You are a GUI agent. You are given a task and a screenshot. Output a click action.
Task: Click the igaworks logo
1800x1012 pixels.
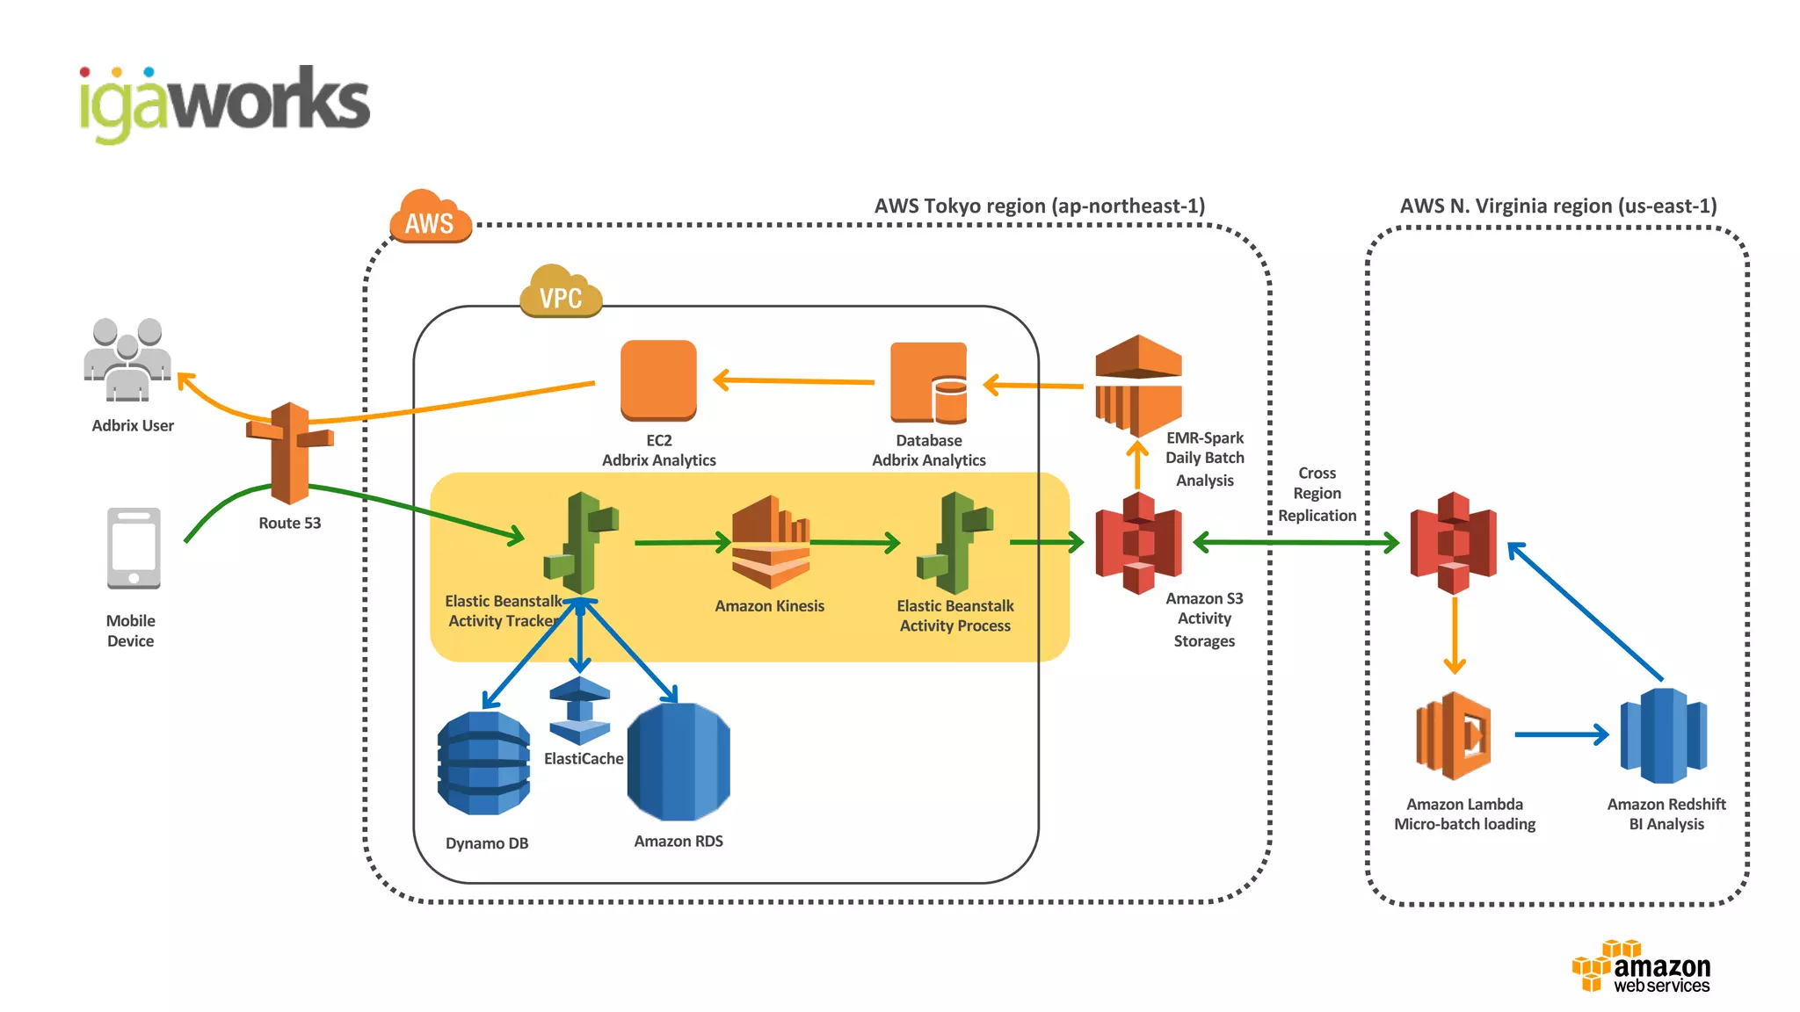pyautogui.click(x=224, y=103)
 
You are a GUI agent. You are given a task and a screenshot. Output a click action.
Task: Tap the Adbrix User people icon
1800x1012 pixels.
pyautogui.click(x=128, y=358)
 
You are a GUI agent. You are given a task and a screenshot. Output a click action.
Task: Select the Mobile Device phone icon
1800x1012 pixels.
pyautogui.click(x=134, y=548)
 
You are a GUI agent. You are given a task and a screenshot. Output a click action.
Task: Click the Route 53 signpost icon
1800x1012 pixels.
pyautogui.click(x=289, y=452)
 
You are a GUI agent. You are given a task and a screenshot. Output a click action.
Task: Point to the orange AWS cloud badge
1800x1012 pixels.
pyautogui.click(x=430, y=217)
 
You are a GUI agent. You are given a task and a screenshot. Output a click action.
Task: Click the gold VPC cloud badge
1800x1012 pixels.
pyautogui.click(x=561, y=292)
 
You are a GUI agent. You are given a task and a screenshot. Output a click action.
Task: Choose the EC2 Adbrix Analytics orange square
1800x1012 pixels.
pyautogui.click(x=658, y=380)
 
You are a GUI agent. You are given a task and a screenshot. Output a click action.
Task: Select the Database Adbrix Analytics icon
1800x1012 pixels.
pyautogui.click(x=928, y=383)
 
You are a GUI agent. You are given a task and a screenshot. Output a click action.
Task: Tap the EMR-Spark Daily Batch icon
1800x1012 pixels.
pyautogui.click(x=1138, y=385)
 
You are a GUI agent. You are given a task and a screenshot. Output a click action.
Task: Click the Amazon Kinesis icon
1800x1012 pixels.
pyautogui.click(x=771, y=542)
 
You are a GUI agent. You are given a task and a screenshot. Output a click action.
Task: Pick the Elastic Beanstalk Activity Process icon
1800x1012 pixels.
pyautogui.click(x=954, y=544)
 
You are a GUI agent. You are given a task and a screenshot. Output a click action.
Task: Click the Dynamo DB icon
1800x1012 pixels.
pyautogui.click(x=484, y=763)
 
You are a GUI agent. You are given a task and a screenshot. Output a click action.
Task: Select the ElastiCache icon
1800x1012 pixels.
pyautogui.click(x=579, y=711)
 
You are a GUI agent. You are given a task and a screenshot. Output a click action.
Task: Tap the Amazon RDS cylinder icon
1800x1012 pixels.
pyautogui.click(x=679, y=762)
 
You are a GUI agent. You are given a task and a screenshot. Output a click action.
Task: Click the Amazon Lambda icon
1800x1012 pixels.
pyautogui.click(x=1454, y=735)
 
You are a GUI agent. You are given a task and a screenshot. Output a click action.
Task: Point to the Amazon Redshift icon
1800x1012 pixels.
pyautogui.click(x=1663, y=735)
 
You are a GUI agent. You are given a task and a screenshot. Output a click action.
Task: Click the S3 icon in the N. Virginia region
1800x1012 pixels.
pyautogui.click(x=1453, y=543)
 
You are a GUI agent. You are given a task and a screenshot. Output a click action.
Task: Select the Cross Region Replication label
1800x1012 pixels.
pyautogui.click(x=1317, y=494)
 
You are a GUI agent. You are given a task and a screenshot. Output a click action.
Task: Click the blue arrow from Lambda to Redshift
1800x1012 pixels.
pyautogui.click(x=1561, y=734)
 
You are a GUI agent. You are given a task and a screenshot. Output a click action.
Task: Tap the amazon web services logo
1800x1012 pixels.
pyautogui.click(x=1641, y=967)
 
